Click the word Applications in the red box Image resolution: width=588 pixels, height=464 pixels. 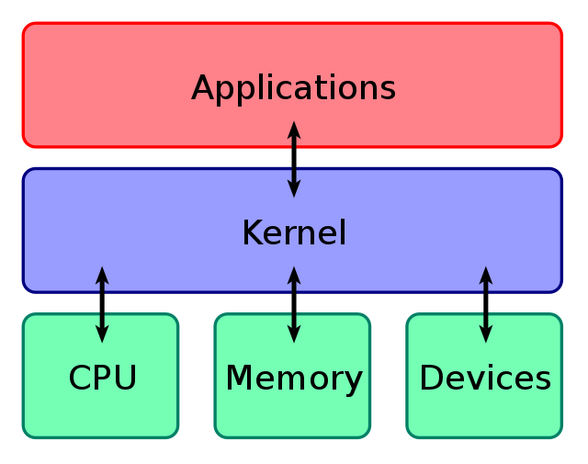point(293,88)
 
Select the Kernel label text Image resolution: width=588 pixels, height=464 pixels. point(294,232)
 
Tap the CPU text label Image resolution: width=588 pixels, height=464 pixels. point(103,378)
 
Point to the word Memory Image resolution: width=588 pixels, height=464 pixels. point(294,378)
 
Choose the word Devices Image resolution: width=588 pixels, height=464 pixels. point(485,378)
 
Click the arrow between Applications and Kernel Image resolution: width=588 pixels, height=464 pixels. point(294,159)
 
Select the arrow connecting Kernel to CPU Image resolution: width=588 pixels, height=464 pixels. point(102,304)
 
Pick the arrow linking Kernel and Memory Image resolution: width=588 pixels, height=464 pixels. point(294,304)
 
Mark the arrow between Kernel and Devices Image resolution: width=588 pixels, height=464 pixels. point(486,304)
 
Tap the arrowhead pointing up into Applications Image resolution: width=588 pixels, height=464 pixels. point(294,130)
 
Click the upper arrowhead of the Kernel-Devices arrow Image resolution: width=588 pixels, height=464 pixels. point(486,275)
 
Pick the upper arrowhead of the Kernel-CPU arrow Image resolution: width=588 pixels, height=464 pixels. point(102,275)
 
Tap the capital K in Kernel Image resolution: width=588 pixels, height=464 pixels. point(252,232)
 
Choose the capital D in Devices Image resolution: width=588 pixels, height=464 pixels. point(432,378)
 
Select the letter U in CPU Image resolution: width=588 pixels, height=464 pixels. point(126,378)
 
